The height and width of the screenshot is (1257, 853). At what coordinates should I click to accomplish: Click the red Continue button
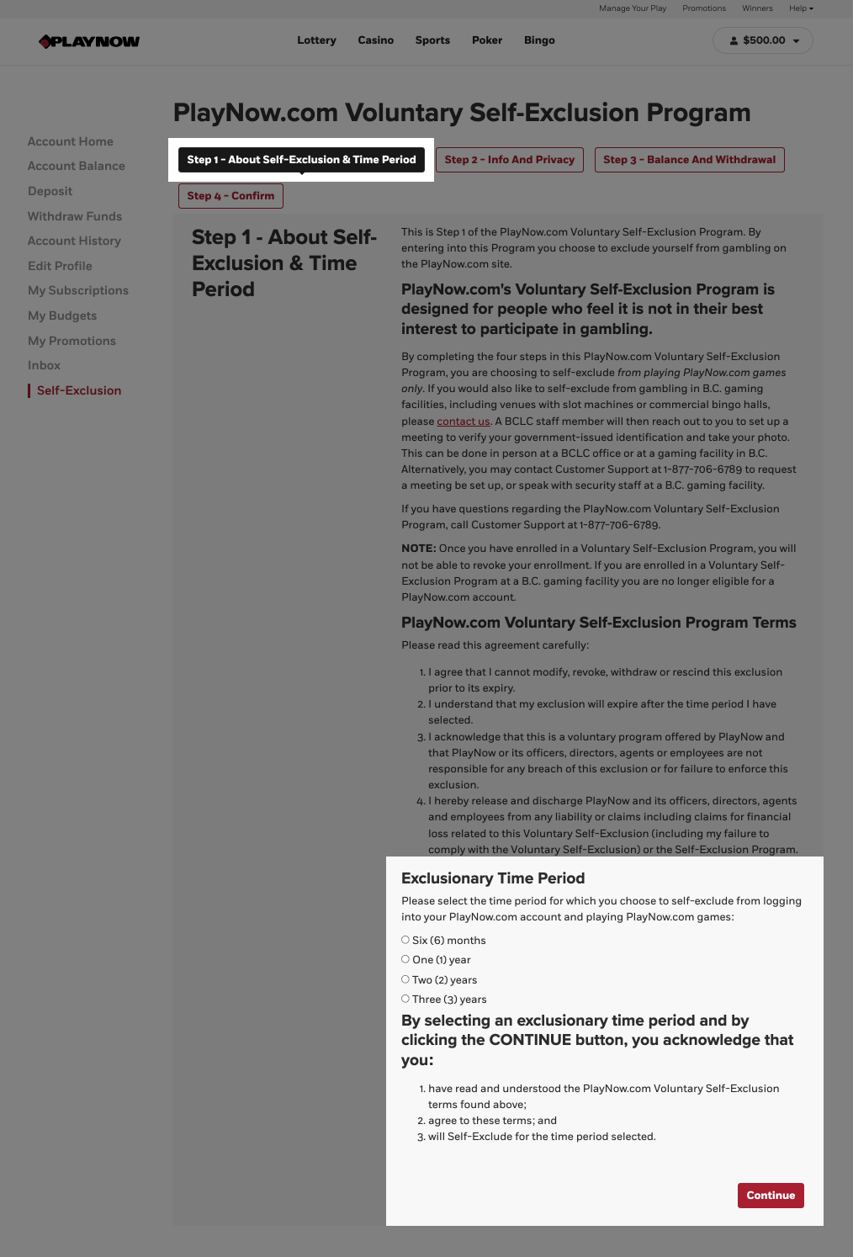[x=771, y=1196]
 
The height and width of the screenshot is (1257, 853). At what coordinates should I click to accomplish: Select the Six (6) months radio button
[x=405, y=940]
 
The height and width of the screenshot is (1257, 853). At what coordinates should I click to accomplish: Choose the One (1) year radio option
[x=405, y=959]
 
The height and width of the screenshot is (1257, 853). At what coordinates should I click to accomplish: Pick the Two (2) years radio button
[x=405, y=979]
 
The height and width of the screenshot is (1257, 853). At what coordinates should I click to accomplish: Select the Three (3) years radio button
[x=405, y=999]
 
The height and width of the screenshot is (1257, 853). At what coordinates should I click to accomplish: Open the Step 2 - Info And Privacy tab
[x=509, y=160]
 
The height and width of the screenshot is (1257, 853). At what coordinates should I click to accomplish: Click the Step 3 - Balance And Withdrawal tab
[x=689, y=160]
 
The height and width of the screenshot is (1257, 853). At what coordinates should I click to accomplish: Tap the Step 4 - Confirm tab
[x=230, y=196]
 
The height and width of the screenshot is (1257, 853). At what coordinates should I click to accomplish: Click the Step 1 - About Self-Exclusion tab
[x=301, y=160]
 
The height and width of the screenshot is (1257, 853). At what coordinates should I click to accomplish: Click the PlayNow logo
[x=89, y=41]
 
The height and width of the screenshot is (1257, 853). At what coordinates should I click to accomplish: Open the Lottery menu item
[x=316, y=40]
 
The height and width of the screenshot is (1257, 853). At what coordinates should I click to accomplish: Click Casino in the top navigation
[x=375, y=40]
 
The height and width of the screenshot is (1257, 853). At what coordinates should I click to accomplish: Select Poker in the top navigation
[x=487, y=40]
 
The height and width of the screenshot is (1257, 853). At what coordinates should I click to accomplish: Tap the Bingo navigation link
[x=539, y=40]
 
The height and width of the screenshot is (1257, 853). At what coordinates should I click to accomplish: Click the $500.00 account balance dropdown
[x=762, y=40]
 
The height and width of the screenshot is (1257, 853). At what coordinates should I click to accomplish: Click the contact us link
[x=464, y=422]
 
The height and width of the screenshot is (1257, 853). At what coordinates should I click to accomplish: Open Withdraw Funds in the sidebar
[x=75, y=216]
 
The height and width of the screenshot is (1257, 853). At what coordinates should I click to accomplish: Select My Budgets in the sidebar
[x=62, y=316]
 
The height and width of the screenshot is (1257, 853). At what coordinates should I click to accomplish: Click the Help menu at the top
[x=801, y=8]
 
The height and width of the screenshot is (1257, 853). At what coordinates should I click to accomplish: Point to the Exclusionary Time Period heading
[x=493, y=878]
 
